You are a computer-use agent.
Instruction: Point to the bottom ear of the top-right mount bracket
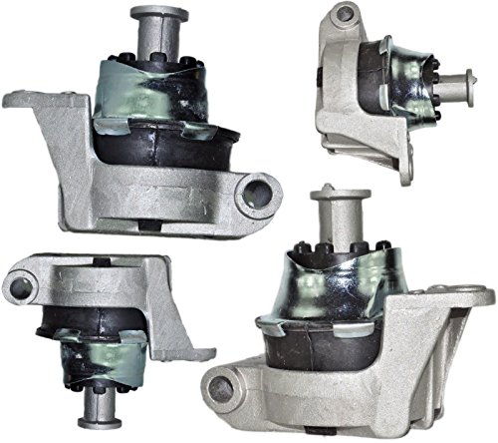(406, 172)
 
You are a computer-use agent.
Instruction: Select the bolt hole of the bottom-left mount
(19, 288)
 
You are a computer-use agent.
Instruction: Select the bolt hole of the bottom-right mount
(221, 388)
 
